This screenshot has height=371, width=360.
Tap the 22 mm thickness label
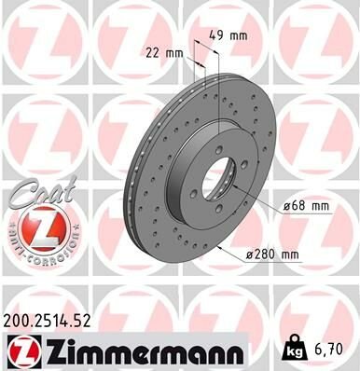pyautogui.click(x=161, y=52)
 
